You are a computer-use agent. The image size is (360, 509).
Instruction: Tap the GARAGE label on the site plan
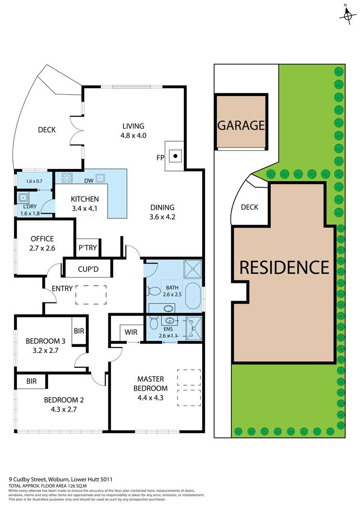pyautogui.click(x=241, y=125)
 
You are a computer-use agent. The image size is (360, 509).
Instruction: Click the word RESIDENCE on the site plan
pyautogui.click(x=284, y=267)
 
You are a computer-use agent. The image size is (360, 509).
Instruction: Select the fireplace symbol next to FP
pyautogui.click(x=176, y=156)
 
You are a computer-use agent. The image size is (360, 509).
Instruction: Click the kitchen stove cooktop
pyautogui.click(x=66, y=178)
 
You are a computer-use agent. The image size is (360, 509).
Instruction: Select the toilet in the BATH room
pyautogui.click(x=153, y=291)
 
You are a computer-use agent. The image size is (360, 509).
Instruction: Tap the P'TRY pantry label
pyautogui.click(x=88, y=248)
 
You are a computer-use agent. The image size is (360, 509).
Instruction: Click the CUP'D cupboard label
pyautogui.click(x=88, y=269)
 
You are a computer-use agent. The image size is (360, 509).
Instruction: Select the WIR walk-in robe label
pyautogui.click(x=131, y=331)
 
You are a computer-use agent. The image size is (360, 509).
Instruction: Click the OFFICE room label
pyautogui.click(x=42, y=239)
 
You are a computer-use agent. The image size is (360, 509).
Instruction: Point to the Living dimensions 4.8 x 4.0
pyautogui.click(x=133, y=135)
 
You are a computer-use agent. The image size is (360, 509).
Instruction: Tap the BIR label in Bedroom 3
pyautogui.click(x=79, y=331)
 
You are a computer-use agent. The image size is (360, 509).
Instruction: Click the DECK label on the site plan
pyautogui.click(x=249, y=207)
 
